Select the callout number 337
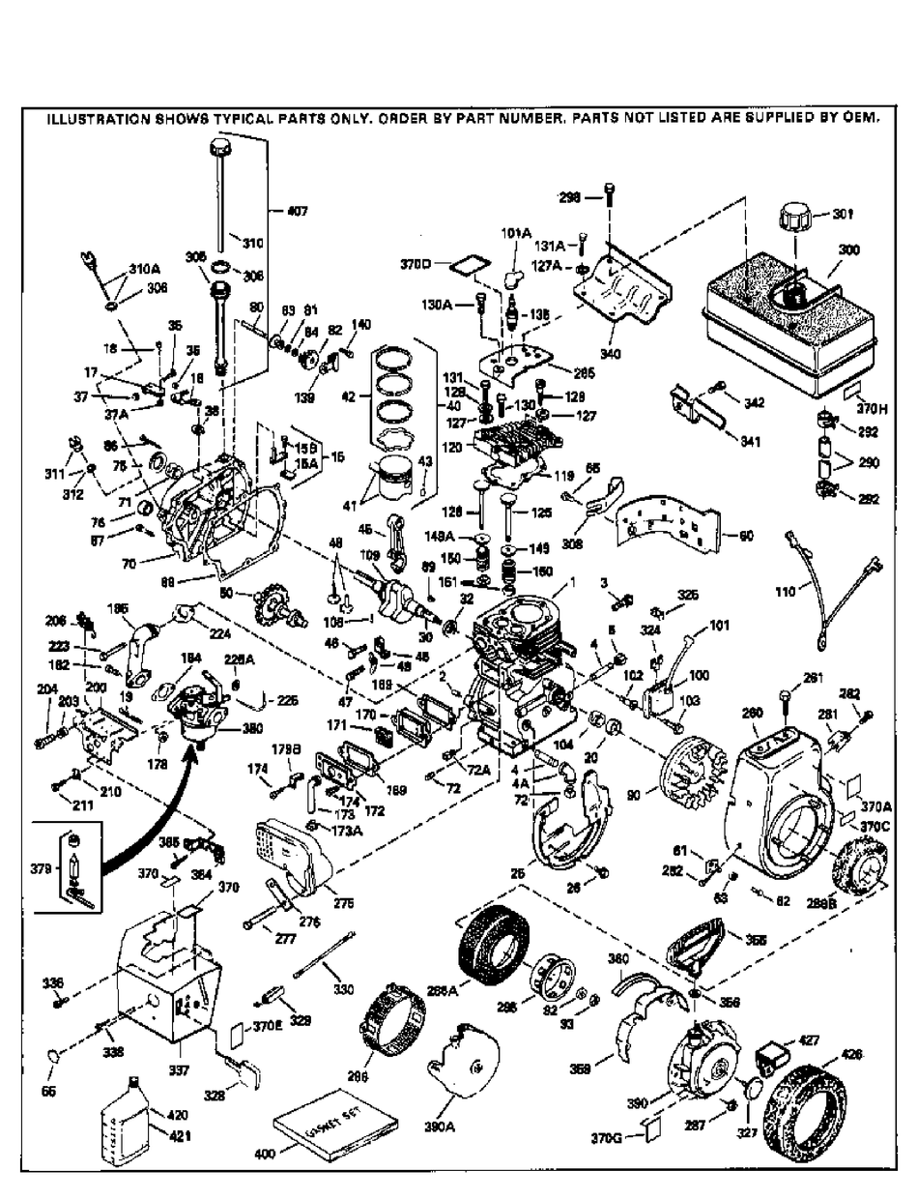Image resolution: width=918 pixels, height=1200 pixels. pyautogui.click(x=179, y=1070)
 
